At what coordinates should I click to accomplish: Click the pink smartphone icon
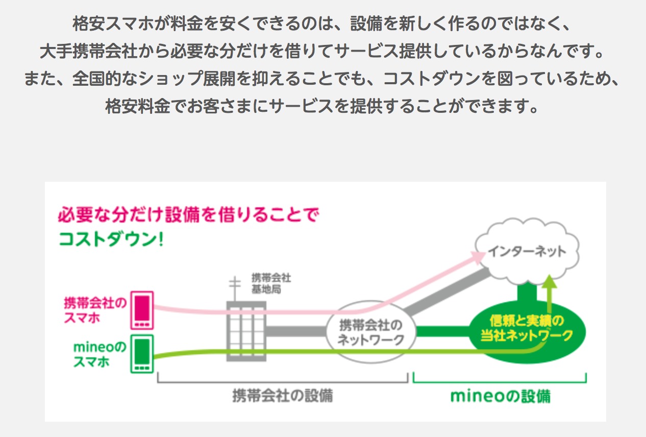(x=142, y=309)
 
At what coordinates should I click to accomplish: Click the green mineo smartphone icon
(x=142, y=353)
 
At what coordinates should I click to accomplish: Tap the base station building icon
(x=246, y=331)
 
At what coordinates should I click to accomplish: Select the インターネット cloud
(x=526, y=251)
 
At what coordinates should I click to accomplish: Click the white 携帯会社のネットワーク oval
(x=370, y=332)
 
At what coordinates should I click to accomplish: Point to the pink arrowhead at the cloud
(x=479, y=256)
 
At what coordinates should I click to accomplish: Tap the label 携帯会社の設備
(x=282, y=395)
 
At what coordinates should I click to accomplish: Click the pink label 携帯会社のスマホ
(x=94, y=310)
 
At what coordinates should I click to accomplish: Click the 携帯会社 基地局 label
(x=271, y=283)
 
